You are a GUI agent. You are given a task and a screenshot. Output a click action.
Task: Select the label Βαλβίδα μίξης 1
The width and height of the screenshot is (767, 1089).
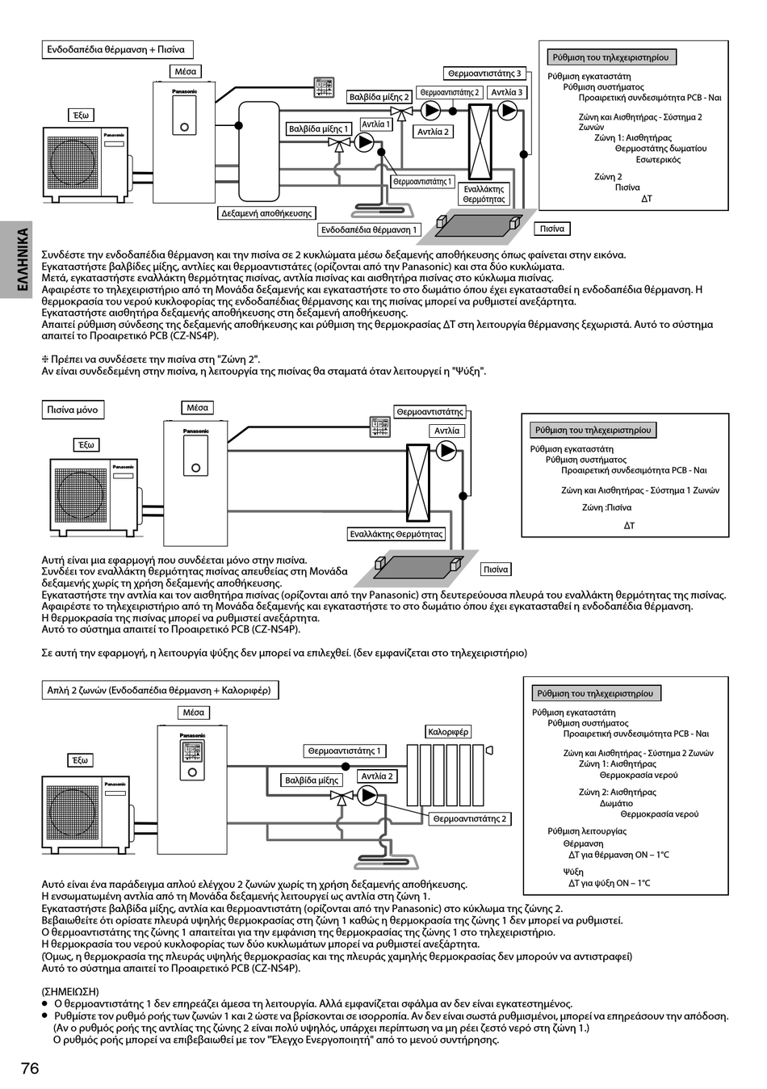click(x=318, y=129)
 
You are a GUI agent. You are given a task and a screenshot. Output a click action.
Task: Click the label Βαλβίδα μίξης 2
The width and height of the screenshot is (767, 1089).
click(x=379, y=98)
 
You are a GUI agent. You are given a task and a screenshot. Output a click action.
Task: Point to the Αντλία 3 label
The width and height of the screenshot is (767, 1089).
click(x=506, y=92)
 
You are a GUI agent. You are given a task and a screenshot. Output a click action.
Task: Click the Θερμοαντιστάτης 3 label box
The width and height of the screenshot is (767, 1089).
click(x=485, y=74)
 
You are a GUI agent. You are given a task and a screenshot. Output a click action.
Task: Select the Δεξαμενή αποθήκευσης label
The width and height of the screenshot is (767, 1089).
click(x=266, y=213)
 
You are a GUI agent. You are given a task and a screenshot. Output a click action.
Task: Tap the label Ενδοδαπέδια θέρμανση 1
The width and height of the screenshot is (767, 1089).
click(x=369, y=230)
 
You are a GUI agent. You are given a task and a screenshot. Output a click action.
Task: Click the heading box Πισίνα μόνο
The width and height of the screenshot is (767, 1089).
click(x=73, y=410)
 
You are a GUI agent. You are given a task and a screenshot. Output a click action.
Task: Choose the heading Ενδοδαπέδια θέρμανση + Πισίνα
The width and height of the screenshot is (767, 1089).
click(x=115, y=50)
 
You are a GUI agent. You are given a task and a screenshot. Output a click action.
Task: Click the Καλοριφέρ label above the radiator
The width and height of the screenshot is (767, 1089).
click(x=448, y=732)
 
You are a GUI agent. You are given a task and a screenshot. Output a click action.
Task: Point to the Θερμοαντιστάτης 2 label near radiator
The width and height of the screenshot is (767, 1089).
click(x=470, y=819)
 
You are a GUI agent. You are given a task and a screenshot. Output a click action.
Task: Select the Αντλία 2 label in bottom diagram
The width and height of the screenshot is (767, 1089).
click(x=377, y=776)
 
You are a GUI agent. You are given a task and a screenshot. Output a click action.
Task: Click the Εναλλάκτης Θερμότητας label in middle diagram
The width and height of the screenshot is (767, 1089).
click(x=396, y=534)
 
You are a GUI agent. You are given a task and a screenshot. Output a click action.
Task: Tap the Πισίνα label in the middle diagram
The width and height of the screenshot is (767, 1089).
click(x=496, y=570)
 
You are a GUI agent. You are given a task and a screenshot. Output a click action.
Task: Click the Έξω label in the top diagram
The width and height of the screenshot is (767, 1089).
click(x=81, y=116)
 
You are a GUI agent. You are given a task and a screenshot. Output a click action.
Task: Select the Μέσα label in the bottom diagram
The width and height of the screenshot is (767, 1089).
click(x=194, y=713)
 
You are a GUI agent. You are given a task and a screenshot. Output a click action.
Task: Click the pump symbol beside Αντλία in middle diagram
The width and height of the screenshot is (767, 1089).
click(x=446, y=450)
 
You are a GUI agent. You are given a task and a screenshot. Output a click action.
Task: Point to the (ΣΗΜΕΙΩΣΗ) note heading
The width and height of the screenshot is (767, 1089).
click(x=70, y=990)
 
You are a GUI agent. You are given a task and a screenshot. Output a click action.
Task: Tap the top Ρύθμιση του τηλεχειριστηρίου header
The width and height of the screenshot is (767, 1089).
click(x=611, y=57)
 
